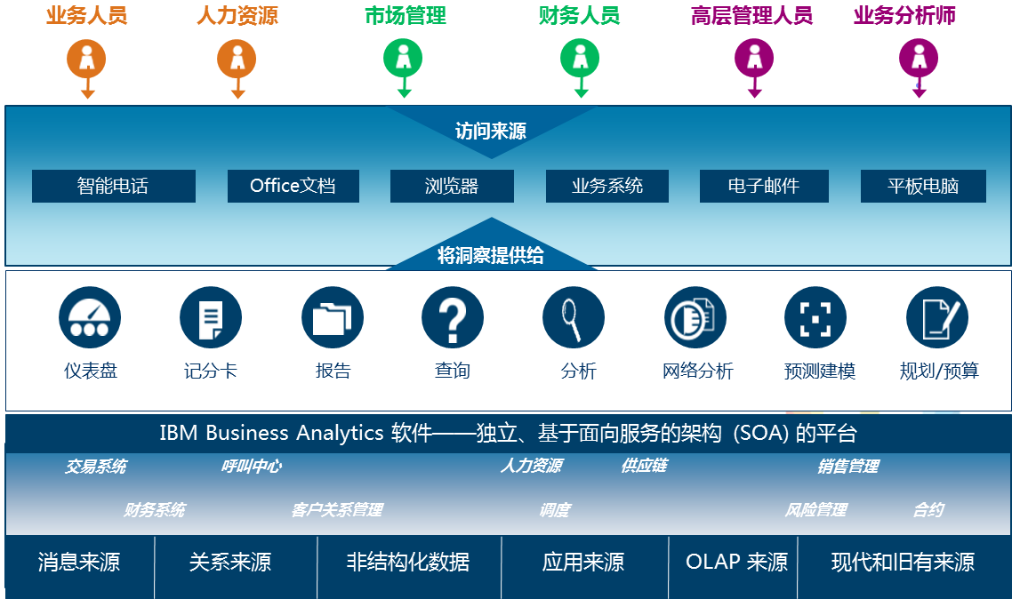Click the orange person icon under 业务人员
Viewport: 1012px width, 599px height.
pyautogui.click(x=86, y=59)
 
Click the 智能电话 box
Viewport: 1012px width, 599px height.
pyautogui.click(x=114, y=187)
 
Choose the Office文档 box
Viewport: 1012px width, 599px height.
pyautogui.click(x=293, y=187)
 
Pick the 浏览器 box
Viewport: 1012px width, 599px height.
pyautogui.click(x=452, y=187)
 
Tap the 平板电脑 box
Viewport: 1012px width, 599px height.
pyautogui.click(x=923, y=187)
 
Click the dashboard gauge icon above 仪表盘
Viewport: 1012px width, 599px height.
pyautogui.click(x=90, y=317)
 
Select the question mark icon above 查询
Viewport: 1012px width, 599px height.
pyautogui.click(x=453, y=317)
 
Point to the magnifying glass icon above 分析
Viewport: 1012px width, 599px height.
pyautogui.click(x=574, y=317)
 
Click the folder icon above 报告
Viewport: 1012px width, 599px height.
pyautogui.click(x=333, y=317)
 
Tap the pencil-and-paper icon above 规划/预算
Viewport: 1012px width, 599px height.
pyautogui.click(x=937, y=317)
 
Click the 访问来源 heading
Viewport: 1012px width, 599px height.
pyautogui.click(x=491, y=131)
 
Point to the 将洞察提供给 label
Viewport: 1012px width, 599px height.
pyautogui.click(x=491, y=255)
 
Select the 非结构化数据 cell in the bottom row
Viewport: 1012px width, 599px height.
pyautogui.click(x=408, y=563)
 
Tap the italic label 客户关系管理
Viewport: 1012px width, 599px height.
pyautogui.click(x=337, y=510)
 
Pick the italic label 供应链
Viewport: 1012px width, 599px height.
pyautogui.click(x=644, y=466)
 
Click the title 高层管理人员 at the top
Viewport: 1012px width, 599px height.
pyautogui.click(x=752, y=15)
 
